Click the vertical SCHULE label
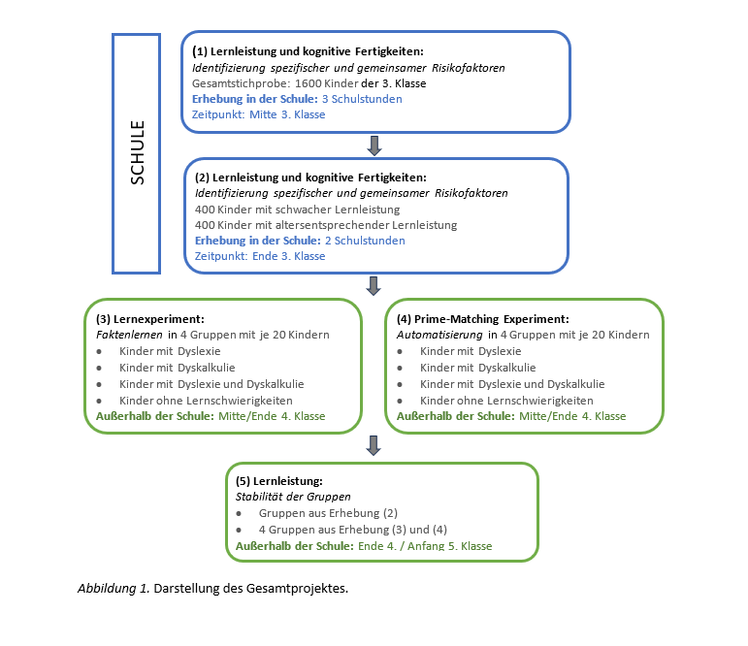click(x=138, y=152)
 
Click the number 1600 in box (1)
click(x=309, y=83)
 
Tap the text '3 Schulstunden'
click(x=362, y=99)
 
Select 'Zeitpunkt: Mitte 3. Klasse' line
click(x=259, y=115)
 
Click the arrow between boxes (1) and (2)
click(x=374, y=145)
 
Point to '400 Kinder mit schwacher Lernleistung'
click(x=297, y=210)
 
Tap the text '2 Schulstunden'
click(x=365, y=241)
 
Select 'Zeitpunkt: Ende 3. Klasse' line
click(x=260, y=256)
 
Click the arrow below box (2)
click(x=374, y=286)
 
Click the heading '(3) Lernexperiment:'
click(x=149, y=319)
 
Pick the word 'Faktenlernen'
click(x=129, y=335)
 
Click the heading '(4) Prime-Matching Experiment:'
click(x=483, y=319)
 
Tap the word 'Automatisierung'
click(x=439, y=335)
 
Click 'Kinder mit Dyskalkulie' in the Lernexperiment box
click(x=177, y=368)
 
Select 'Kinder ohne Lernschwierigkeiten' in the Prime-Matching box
click(x=506, y=401)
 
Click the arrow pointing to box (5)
click(x=374, y=445)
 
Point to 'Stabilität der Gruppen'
click(x=293, y=497)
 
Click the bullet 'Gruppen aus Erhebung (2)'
click(x=328, y=513)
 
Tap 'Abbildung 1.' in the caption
click(x=114, y=589)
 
